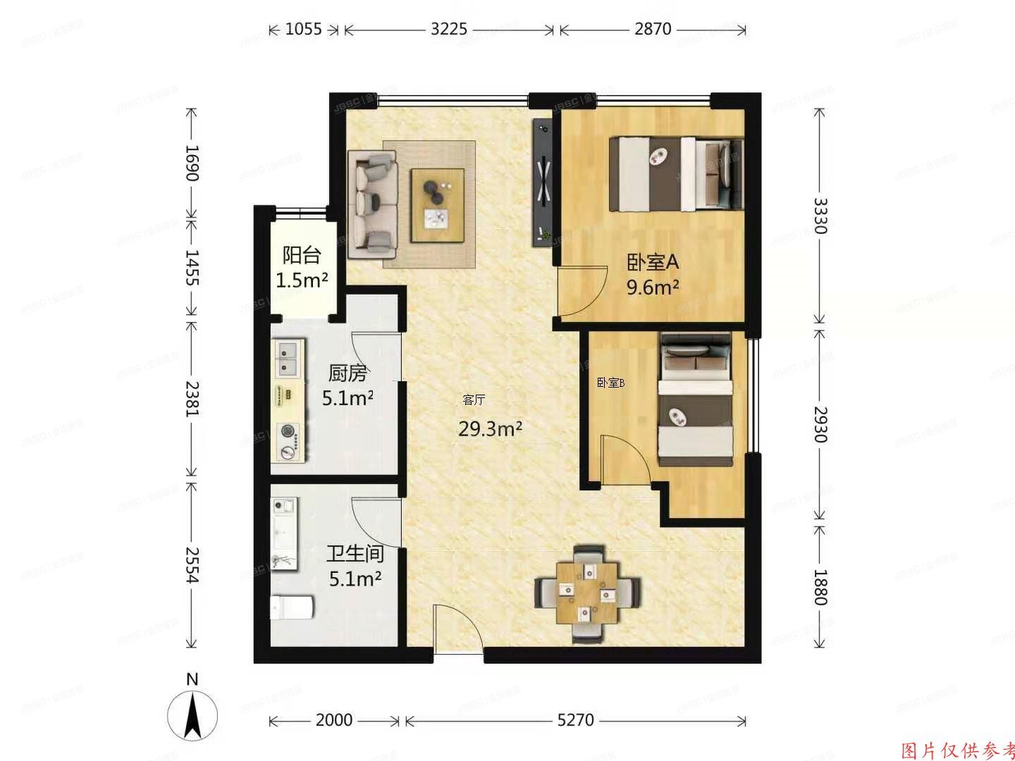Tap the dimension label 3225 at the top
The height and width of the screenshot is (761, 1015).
[448, 29]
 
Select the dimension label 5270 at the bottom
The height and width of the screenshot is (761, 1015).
[575, 720]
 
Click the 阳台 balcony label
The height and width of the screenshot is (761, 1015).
[302, 255]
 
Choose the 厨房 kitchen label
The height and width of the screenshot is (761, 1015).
[347, 373]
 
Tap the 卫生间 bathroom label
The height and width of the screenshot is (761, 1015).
[355, 554]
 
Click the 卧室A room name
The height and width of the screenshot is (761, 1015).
[653, 263]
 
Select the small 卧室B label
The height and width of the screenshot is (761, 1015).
[611, 383]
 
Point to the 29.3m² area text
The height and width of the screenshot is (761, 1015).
[490, 428]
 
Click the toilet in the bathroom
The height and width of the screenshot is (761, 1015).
[292, 607]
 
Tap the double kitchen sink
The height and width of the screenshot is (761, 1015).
[288, 357]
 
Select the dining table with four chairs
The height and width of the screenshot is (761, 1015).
[587, 592]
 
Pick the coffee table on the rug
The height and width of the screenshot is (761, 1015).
[438, 205]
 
